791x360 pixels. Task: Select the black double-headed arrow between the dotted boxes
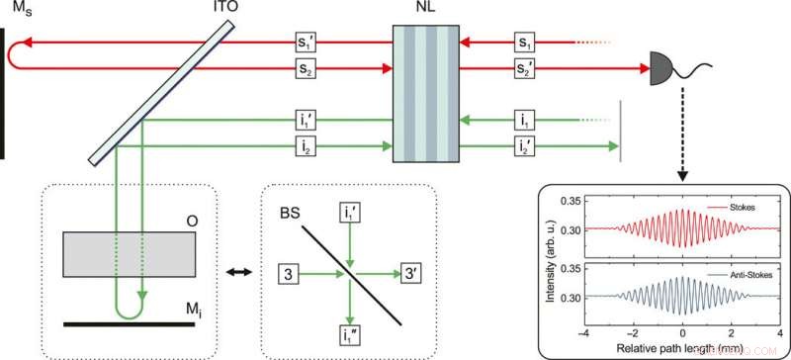tap(237, 270)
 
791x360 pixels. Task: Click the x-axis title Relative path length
tap(683, 348)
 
